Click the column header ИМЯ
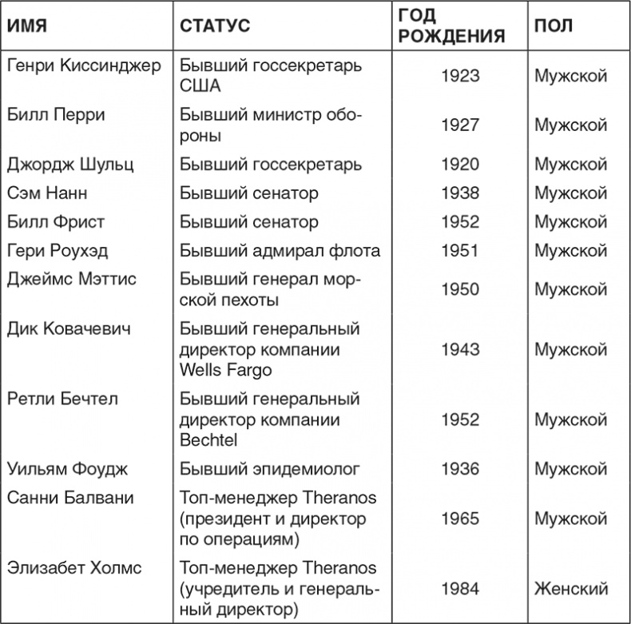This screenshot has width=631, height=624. tap(27, 26)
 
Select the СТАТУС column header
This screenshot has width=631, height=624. tap(215, 26)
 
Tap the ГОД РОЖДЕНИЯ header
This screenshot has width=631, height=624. tap(451, 26)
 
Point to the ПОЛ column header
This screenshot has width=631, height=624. tap(554, 26)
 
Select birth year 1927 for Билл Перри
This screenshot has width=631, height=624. tap(460, 125)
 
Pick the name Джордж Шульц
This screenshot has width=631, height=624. tap(70, 165)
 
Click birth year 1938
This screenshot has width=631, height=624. tap(460, 193)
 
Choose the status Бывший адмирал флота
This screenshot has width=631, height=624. tap(280, 251)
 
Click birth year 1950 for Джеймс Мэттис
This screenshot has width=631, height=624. tap(460, 289)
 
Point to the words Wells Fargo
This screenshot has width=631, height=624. tap(226, 369)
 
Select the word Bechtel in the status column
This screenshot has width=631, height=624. tap(208, 439)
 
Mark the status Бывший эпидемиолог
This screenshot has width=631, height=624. tap(270, 469)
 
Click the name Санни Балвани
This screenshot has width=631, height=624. tap(70, 498)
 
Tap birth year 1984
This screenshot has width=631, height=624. tap(460, 589)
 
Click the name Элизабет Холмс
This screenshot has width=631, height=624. tap(74, 568)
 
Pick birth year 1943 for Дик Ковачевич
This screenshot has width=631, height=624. tap(460, 349)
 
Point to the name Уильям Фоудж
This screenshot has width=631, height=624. tap(67, 469)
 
